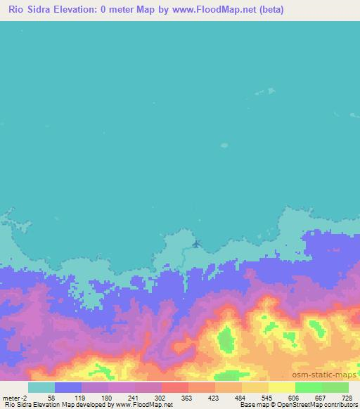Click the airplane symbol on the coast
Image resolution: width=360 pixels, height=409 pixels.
pos(196,244)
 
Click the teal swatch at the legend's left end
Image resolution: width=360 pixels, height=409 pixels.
pos(41,387)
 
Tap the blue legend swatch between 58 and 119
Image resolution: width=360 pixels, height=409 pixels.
pos(68,387)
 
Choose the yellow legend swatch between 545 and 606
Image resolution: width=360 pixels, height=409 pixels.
pos(282,387)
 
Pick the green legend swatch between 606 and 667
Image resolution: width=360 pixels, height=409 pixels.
pos(309,387)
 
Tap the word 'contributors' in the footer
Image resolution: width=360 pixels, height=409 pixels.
pos(340,405)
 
